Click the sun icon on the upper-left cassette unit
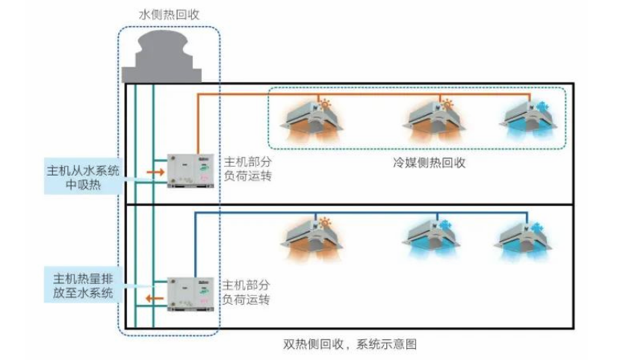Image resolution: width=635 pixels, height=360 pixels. click(325, 104)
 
